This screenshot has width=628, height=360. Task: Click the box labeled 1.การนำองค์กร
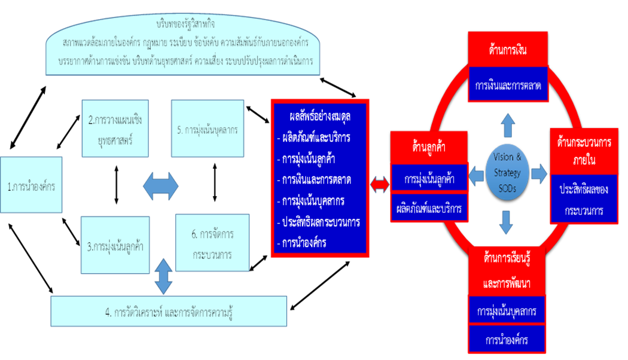[31, 185]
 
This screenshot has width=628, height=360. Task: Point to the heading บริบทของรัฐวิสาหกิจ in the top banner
[184, 25]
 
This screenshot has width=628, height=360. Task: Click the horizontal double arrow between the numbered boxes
[160, 186]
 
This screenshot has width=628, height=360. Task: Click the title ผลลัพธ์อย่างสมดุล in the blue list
[319, 117]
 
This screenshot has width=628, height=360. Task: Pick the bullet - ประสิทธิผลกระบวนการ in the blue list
[319, 222]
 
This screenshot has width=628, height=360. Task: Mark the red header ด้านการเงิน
[507, 49]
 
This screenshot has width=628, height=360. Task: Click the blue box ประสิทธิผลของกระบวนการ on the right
[584, 200]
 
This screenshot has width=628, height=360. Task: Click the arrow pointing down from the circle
[507, 221]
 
